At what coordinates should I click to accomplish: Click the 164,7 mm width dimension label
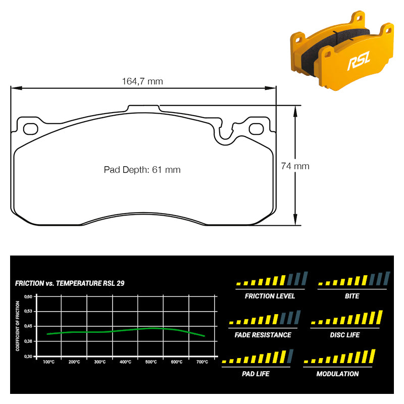[142, 81]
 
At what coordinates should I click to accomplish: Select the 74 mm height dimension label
[295, 166]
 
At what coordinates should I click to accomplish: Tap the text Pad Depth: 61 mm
[142, 170]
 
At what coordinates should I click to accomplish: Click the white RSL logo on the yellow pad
[359, 60]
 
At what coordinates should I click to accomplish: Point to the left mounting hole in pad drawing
[31, 129]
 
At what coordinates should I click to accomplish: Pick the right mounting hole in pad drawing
[257, 129]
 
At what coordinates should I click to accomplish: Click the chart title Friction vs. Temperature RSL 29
[70, 283]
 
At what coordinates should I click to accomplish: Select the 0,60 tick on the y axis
[28, 296]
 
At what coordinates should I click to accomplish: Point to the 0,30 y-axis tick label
[28, 357]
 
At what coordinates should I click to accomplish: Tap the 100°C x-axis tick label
[48, 362]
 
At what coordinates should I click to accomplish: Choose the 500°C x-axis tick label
[151, 362]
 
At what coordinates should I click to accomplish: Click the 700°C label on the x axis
[203, 362]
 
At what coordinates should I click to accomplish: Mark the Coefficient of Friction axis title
[18, 326]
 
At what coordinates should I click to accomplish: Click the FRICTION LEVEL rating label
[270, 296]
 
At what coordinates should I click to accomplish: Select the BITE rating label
[352, 296]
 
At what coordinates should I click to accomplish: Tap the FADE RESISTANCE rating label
[263, 335]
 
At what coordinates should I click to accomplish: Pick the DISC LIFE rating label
[345, 335]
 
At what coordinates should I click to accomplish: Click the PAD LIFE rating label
[256, 374]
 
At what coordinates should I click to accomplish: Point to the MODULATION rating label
[337, 374]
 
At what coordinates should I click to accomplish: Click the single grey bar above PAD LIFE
[290, 356]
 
